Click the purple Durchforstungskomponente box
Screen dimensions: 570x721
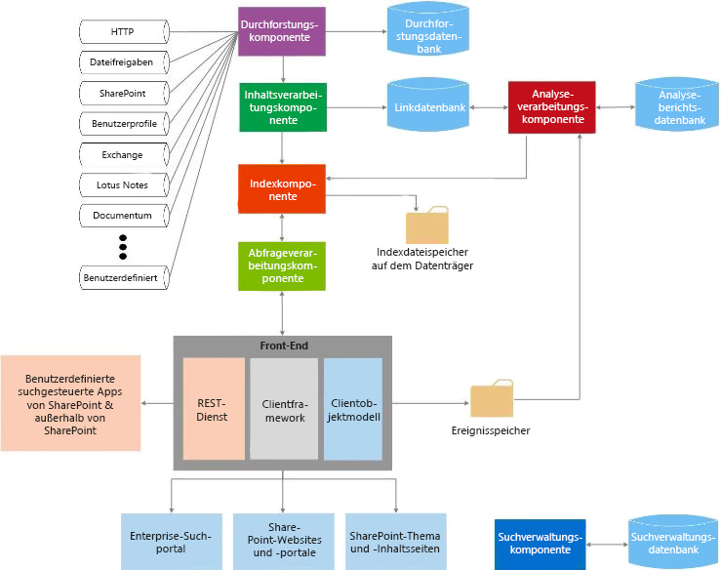(x=280, y=31)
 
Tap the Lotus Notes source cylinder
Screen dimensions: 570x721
(x=124, y=185)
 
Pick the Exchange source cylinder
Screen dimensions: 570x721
(x=124, y=154)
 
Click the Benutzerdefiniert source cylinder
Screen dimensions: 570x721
(x=124, y=278)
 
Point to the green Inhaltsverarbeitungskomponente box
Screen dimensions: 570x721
(x=283, y=106)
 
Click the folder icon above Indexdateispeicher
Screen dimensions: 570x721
(x=426, y=224)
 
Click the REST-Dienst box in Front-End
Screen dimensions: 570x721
(x=214, y=408)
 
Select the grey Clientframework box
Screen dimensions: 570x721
(x=284, y=408)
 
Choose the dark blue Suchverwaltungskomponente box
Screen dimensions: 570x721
(x=540, y=544)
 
